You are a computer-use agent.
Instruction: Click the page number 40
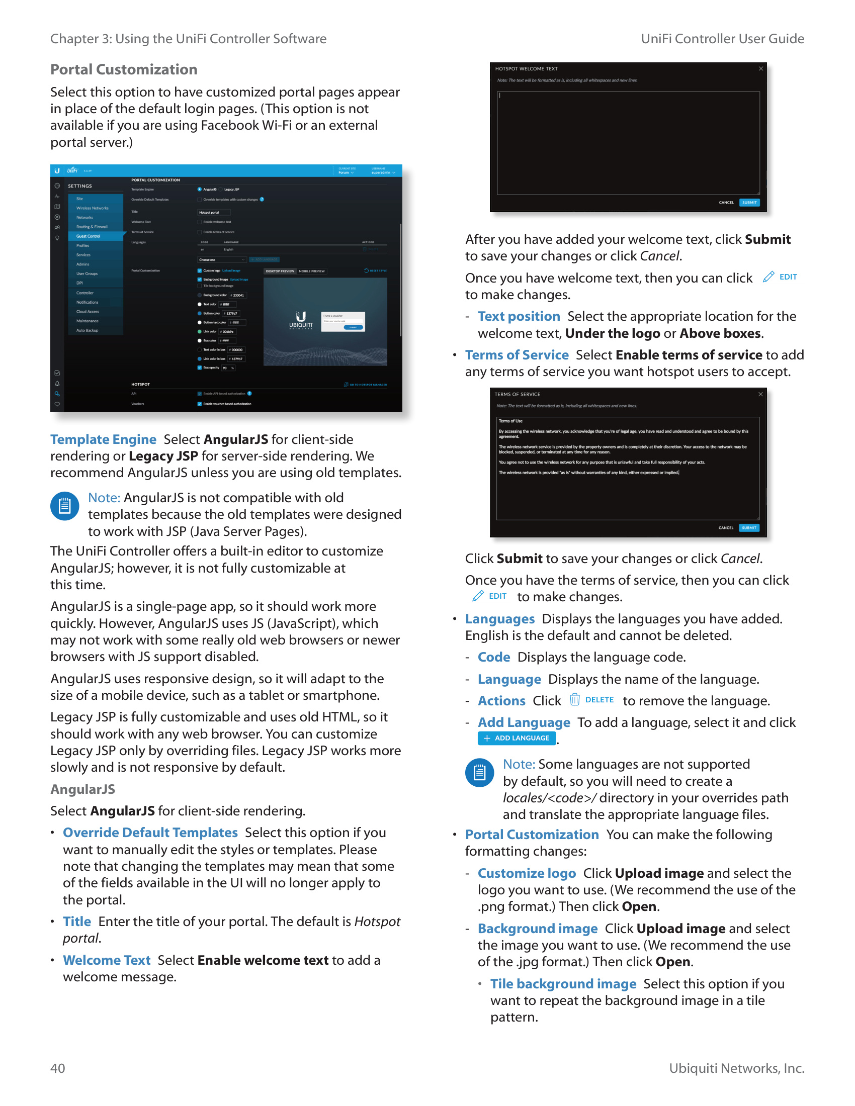[x=58, y=1068]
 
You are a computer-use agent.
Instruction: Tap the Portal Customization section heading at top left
[x=124, y=69]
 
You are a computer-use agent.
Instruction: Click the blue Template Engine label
[x=103, y=439]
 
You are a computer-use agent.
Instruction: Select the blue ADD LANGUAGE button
[x=516, y=738]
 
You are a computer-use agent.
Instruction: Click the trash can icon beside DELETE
[x=574, y=699]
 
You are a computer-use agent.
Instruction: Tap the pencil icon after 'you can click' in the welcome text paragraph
[x=768, y=276]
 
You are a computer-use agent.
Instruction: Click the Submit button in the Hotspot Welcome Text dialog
[x=749, y=203]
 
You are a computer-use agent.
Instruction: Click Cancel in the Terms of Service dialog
[x=726, y=528]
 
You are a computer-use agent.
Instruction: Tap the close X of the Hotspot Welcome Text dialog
[x=761, y=69]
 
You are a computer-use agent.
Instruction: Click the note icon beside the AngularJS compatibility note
[x=65, y=506]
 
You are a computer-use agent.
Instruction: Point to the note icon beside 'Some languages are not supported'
[x=479, y=772]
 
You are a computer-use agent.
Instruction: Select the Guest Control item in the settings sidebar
[x=89, y=236]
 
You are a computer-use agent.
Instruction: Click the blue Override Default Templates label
[x=150, y=833]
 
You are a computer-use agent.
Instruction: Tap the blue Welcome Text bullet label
[x=106, y=960]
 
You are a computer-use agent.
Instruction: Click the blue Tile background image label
[x=563, y=983]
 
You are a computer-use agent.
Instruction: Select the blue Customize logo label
[x=527, y=873]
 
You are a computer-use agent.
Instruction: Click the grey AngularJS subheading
[x=82, y=789]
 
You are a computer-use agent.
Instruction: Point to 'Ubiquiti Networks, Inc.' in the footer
[x=736, y=1068]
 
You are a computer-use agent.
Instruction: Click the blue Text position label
[x=519, y=316]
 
